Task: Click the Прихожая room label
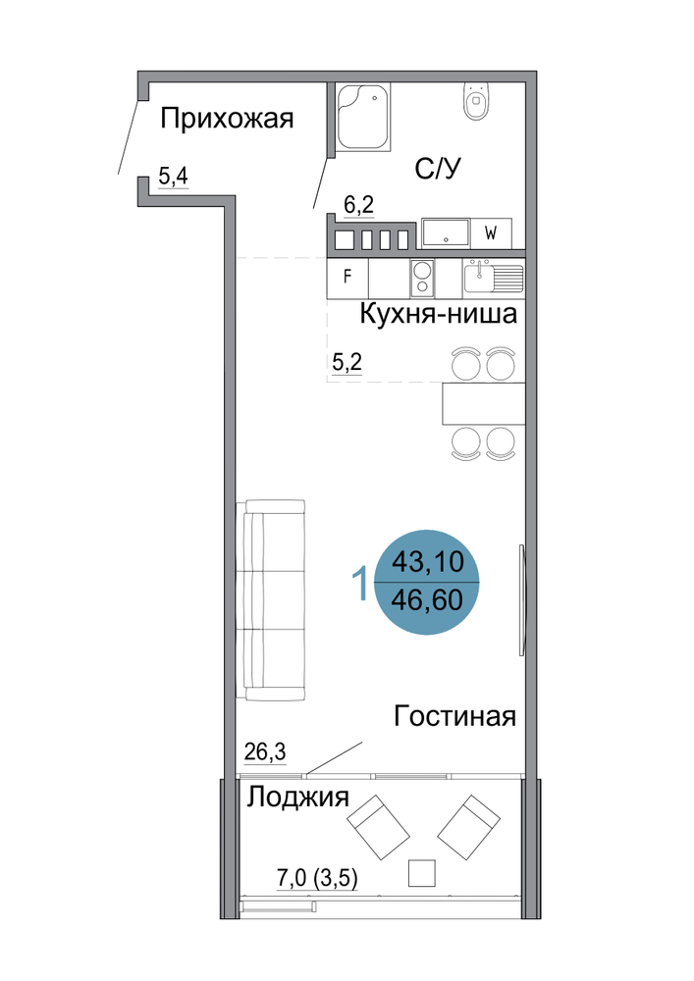coord(227,119)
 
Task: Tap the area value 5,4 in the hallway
coord(174,177)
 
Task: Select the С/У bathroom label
coord(438,169)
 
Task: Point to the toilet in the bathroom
coord(476,100)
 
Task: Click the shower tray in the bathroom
coord(362,116)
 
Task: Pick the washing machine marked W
coord(491,233)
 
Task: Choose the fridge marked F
coord(347,278)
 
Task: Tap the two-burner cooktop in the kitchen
coord(422,279)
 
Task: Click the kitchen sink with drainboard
coord(494,278)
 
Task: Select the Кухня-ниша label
coord(438,314)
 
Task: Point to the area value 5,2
coord(347,362)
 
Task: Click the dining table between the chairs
coord(483,403)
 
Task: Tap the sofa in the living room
coord(271,600)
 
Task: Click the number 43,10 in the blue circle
coord(428,562)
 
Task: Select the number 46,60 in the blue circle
coord(427,600)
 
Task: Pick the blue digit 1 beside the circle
coord(360,583)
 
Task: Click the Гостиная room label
coord(454,716)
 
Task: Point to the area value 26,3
coord(265,751)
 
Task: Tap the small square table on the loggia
coord(422,873)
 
